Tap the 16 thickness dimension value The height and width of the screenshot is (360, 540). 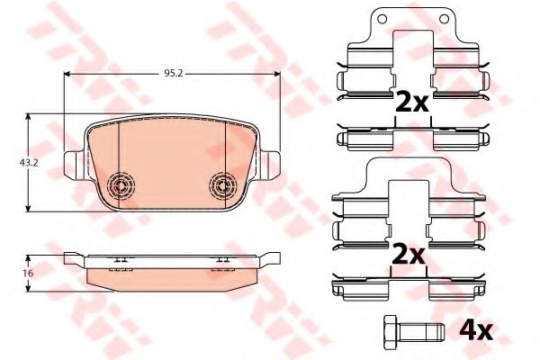point(28,274)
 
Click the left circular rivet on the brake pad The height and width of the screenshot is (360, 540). point(121,185)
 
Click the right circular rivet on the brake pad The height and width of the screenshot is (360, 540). point(223,185)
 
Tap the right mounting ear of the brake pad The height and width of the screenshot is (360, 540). point(272,165)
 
